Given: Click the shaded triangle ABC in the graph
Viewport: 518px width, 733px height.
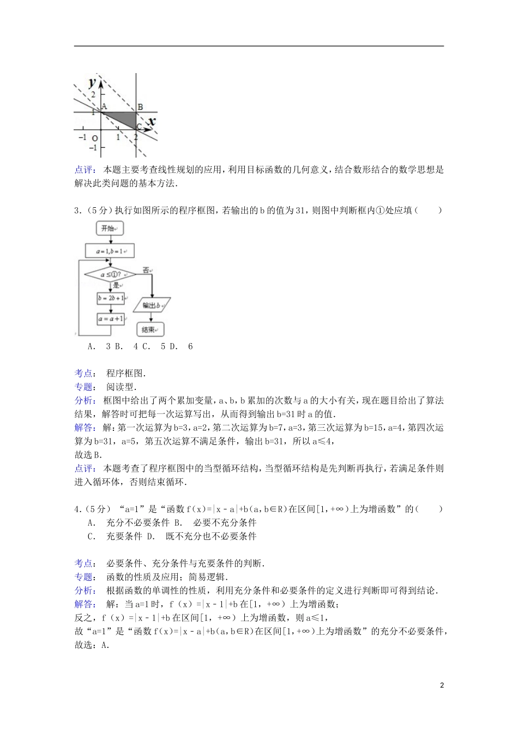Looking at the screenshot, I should click(124, 118).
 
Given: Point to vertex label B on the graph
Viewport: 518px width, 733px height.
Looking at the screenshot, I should click(140, 107).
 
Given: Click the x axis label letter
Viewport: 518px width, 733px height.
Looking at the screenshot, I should click(152, 121).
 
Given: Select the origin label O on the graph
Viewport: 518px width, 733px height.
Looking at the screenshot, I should click(95, 139).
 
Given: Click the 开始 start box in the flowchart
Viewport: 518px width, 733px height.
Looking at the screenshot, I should click(110, 229).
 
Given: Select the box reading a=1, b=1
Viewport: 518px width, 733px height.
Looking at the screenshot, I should click(110, 251).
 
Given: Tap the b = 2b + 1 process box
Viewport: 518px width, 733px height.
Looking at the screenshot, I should click(111, 298).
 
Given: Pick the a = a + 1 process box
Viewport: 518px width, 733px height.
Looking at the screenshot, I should click(111, 319).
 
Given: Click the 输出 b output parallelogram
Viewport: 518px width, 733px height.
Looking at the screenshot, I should click(152, 305).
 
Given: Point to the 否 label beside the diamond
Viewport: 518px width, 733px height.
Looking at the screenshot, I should click(146, 269).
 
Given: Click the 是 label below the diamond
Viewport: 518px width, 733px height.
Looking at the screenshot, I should click(116, 285).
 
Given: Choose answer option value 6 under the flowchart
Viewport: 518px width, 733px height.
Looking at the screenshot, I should click(190, 346).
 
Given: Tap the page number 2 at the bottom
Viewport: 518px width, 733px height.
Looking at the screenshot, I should click(442, 685).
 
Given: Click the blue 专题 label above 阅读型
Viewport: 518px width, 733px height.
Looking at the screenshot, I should click(83, 387).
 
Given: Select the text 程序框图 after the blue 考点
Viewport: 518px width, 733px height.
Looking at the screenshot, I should click(125, 374).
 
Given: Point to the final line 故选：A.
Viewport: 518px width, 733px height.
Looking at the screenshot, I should click(92, 645).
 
